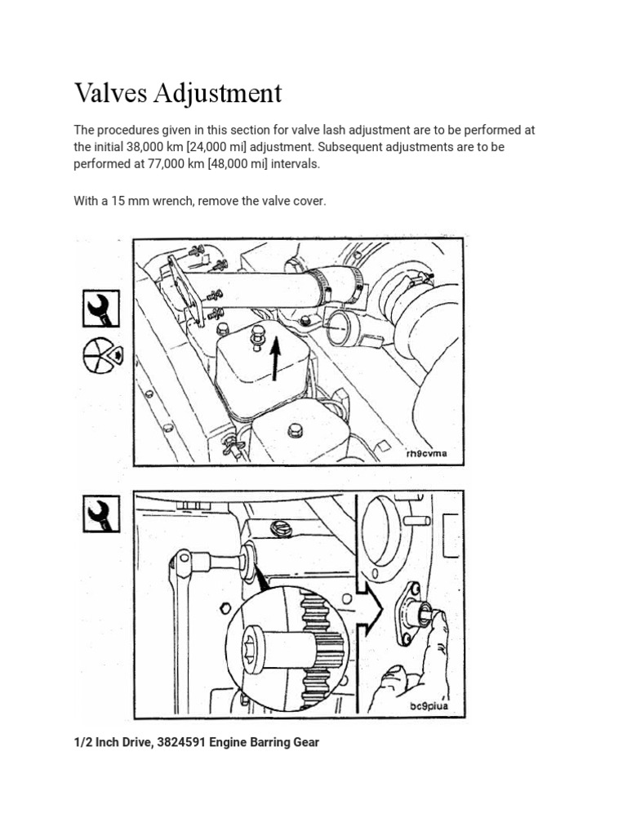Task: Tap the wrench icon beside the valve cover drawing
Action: coord(100,309)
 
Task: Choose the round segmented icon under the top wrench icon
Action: coord(100,355)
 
